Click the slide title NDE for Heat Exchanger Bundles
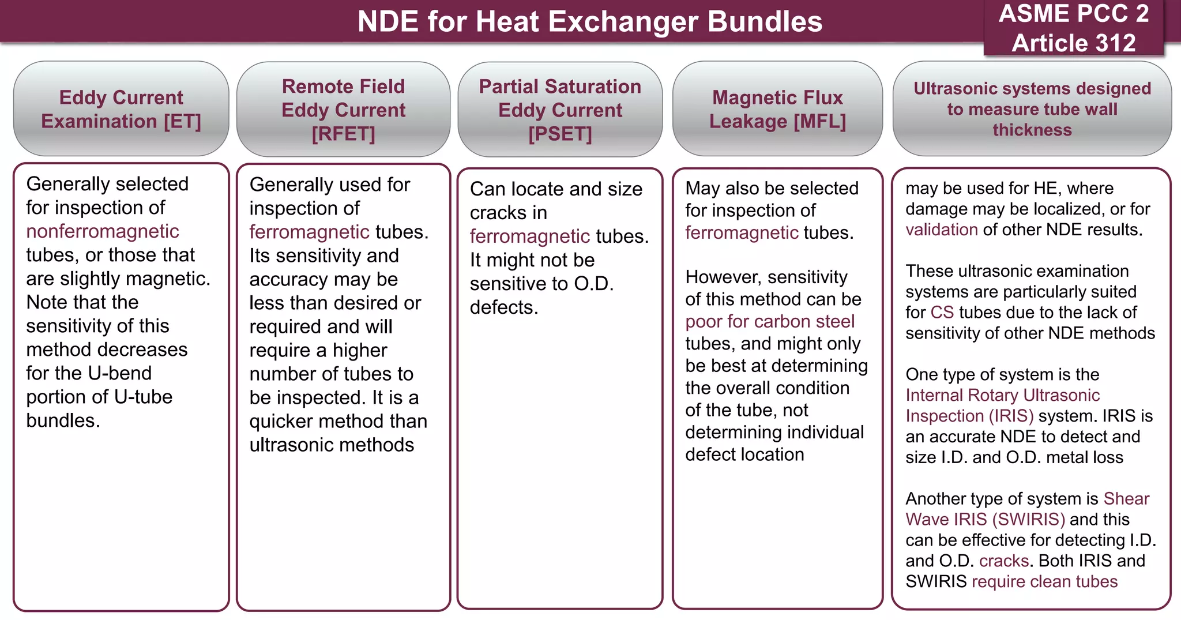[x=589, y=22]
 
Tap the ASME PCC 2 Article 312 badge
[x=1073, y=28]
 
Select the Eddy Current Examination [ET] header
[x=121, y=109]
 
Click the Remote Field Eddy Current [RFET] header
[x=343, y=110]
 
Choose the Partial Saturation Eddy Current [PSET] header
[x=560, y=110]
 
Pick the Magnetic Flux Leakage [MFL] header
[x=777, y=109]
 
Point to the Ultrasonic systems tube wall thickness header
[x=1032, y=109]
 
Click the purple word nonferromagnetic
[x=103, y=231]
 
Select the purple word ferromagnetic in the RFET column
[x=309, y=232]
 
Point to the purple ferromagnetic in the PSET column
[x=529, y=236]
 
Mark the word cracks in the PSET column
[x=508, y=213]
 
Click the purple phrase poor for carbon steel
[x=770, y=321]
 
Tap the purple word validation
[x=941, y=230]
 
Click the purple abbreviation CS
[x=942, y=313]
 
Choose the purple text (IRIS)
[x=1011, y=416]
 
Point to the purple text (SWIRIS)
[x=1028, y=519]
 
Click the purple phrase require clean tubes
[x=1044, y=581]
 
